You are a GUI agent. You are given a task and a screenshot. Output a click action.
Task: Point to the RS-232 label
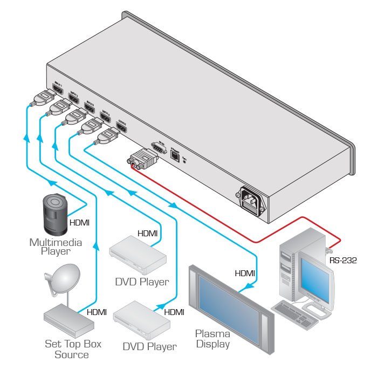pos(343,261)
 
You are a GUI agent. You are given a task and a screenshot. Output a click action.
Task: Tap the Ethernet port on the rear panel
pos(175,155)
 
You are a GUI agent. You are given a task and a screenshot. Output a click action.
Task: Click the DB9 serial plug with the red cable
pos(142,159)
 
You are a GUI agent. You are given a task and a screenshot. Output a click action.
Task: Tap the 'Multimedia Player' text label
pos(56,247)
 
